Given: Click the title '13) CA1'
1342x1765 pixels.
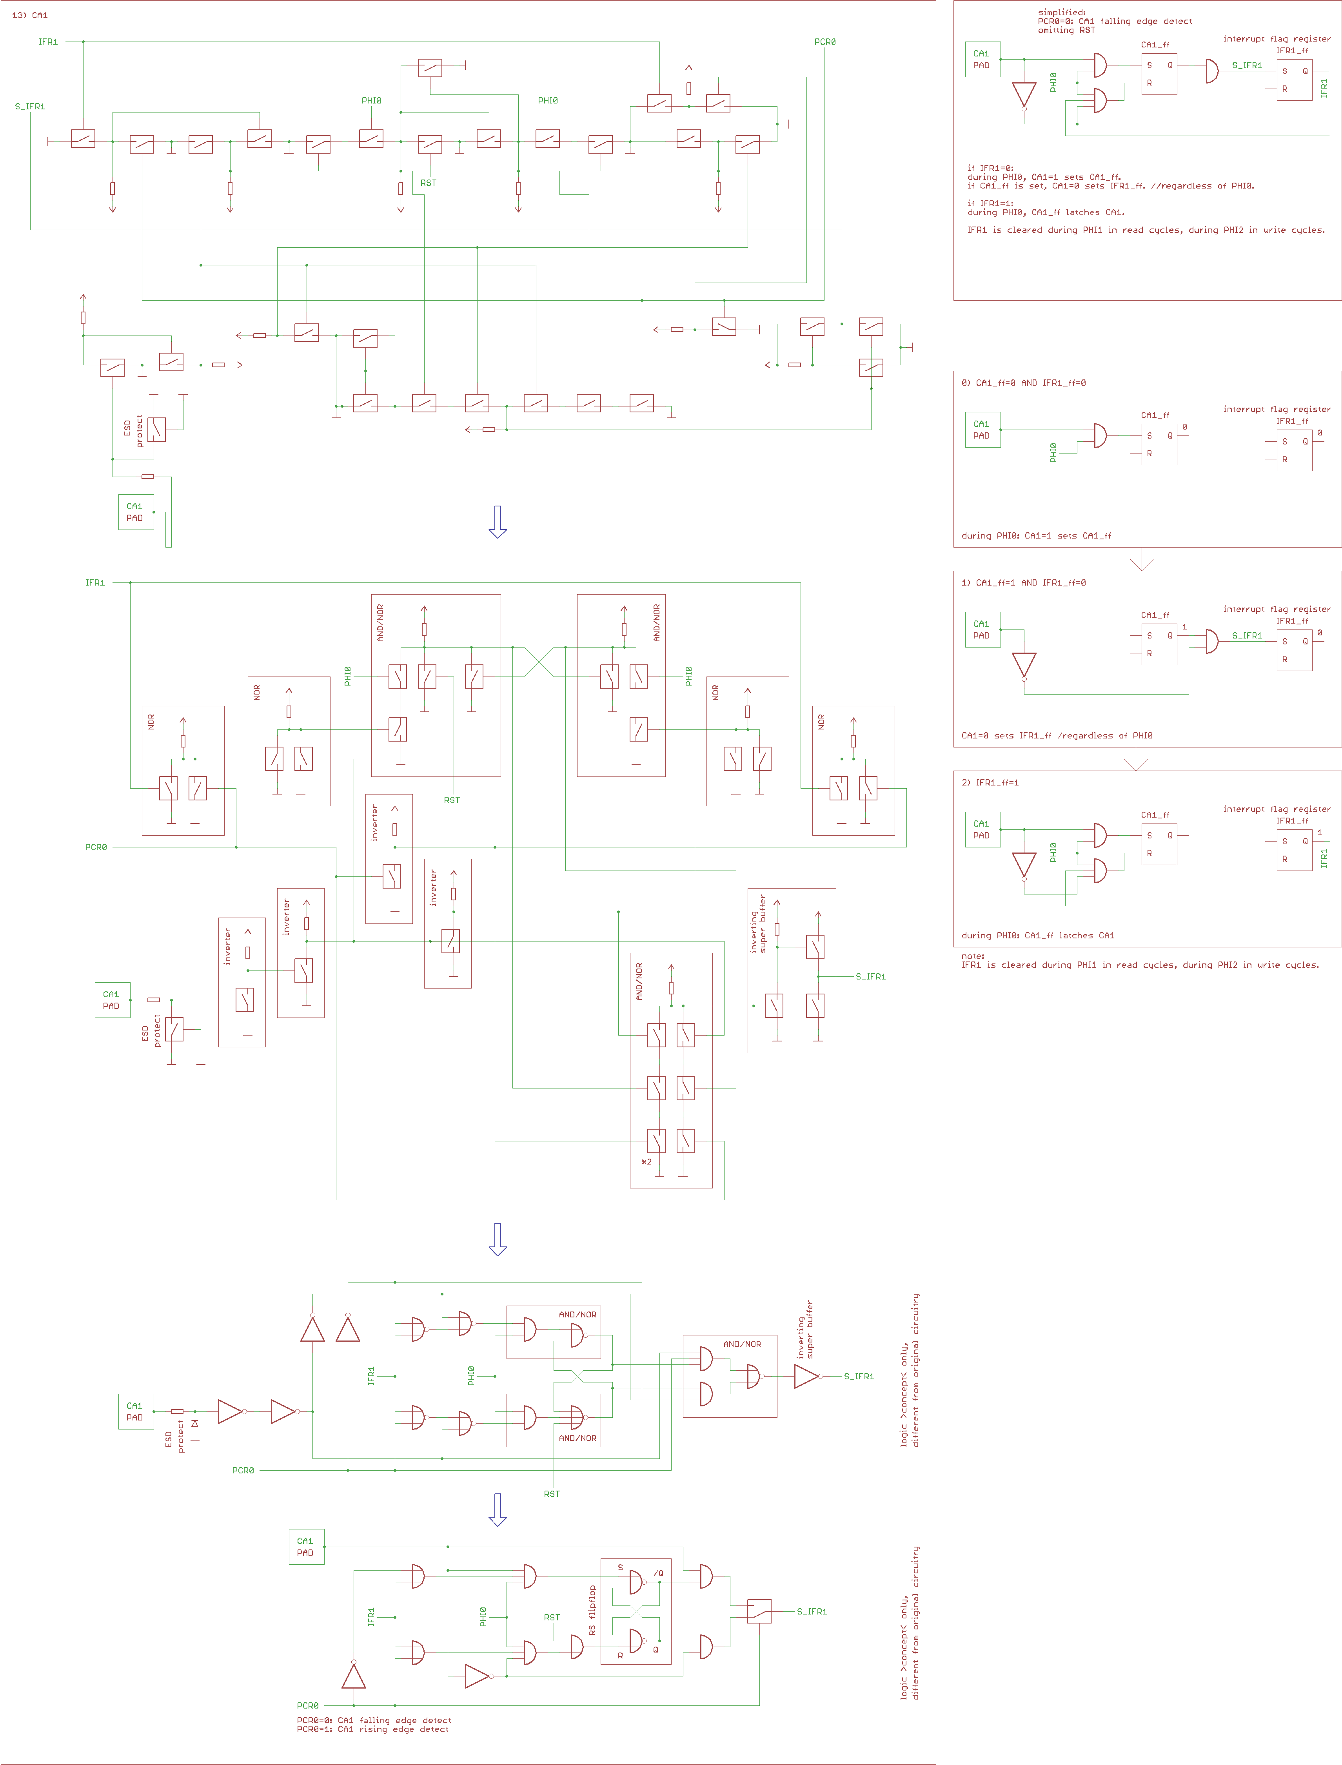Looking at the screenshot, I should (x=29, y=15).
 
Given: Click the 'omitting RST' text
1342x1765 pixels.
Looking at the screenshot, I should (x=1066, y=30).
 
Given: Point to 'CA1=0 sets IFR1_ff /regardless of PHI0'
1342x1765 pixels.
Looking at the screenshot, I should (x=1057, y=736).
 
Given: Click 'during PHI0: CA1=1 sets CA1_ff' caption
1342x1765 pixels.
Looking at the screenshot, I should (x=1036, y=536).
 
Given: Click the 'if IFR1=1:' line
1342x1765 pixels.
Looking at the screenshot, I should (x=990, y=204).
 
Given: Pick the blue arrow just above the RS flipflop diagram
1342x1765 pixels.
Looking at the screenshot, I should (x=498, y=1509).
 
